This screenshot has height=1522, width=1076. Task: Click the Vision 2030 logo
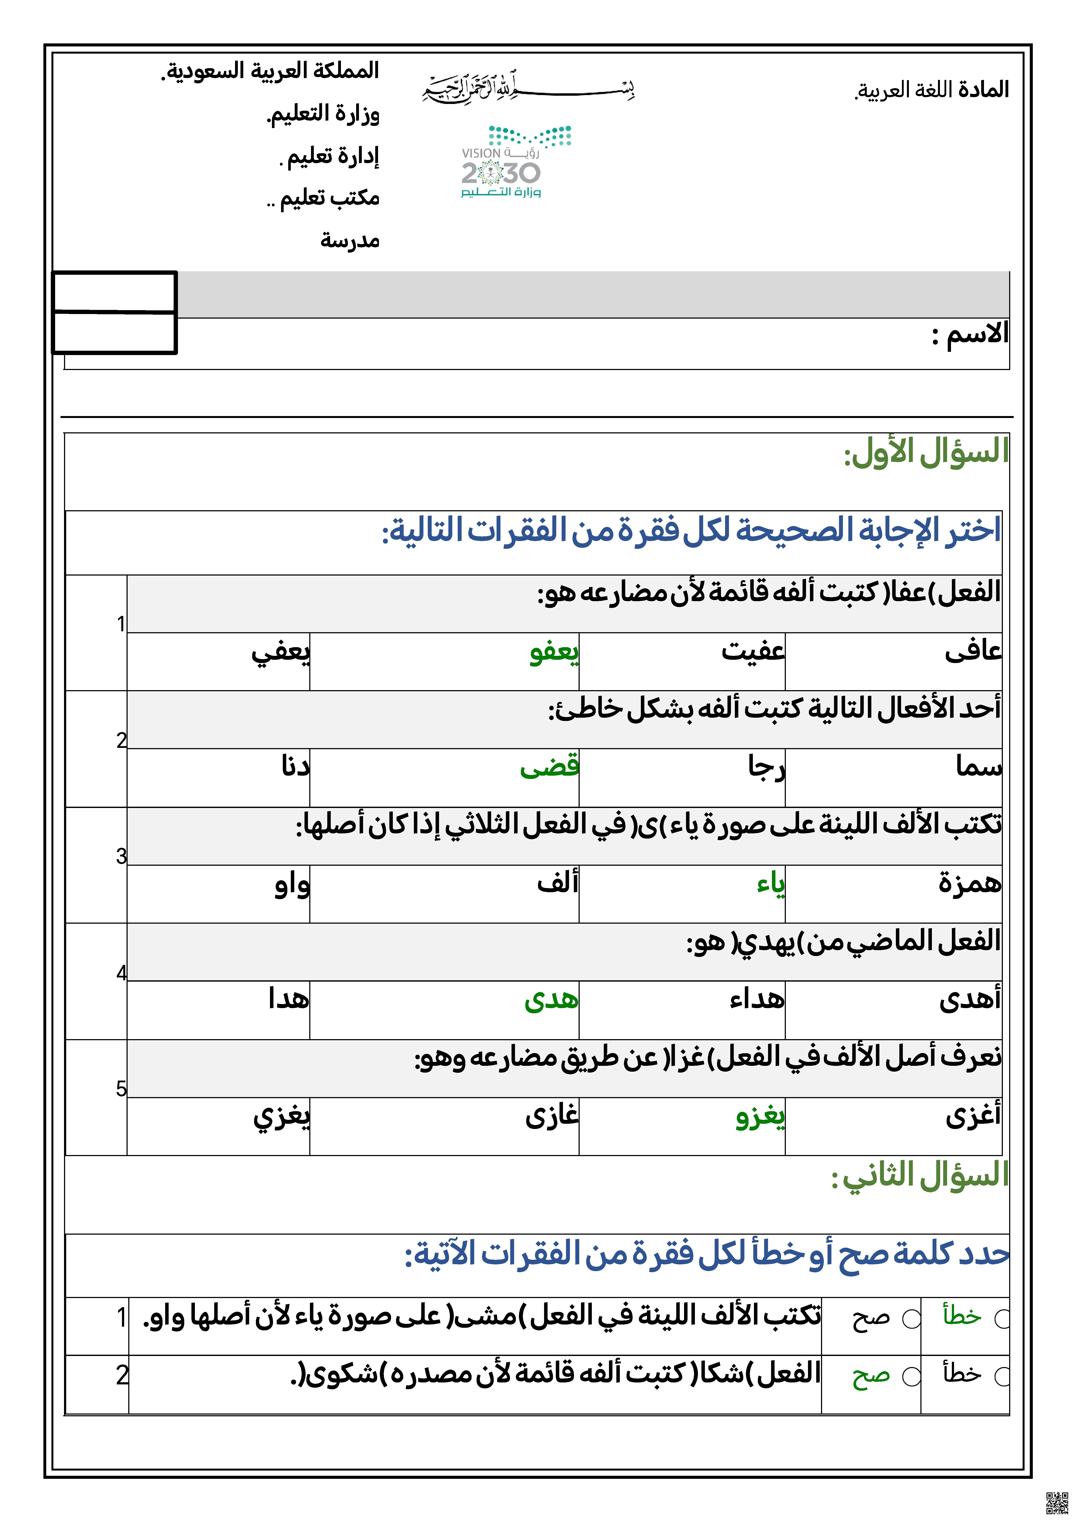516,162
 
